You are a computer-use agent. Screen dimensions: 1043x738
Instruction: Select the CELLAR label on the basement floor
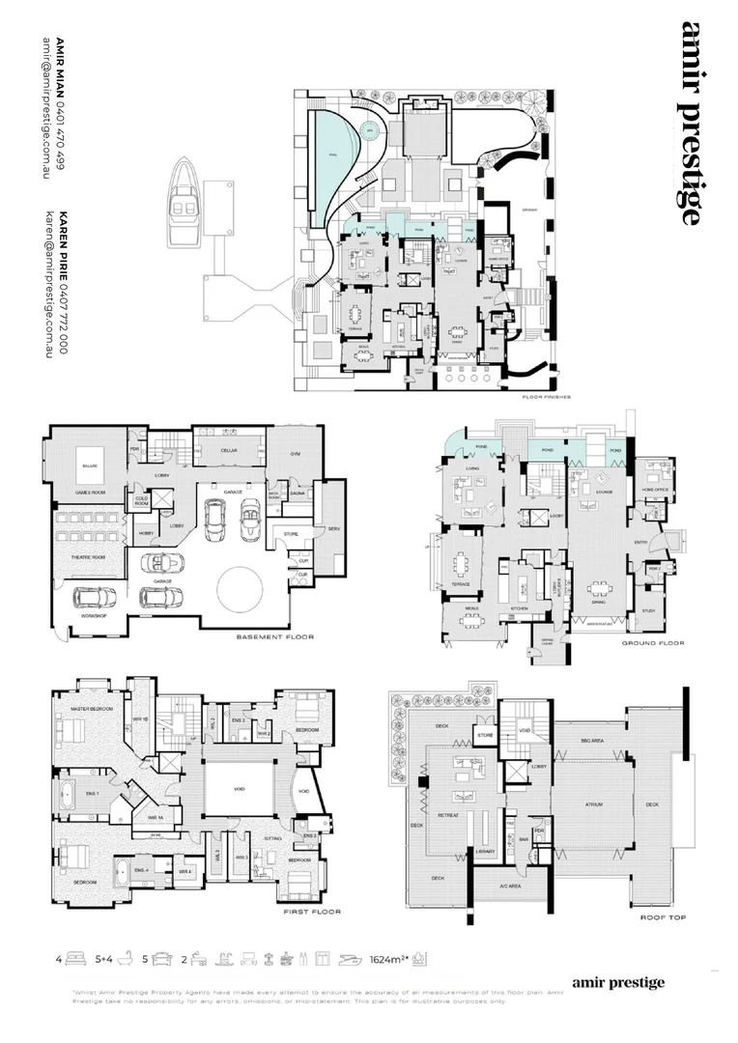[x=228, y=448]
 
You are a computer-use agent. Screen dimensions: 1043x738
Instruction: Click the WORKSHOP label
[x=93, y=614]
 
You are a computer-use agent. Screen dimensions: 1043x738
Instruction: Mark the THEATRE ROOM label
[x=90, y=558]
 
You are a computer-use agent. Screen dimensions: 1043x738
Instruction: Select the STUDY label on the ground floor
[x=648, y=609]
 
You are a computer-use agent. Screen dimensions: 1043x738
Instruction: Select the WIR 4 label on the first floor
[x=184, y=872]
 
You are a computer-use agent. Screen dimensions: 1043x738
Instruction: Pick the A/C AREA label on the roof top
[x=510, y=886]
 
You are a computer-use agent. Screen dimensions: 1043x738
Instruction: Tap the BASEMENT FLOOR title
[x=274, y=637]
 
